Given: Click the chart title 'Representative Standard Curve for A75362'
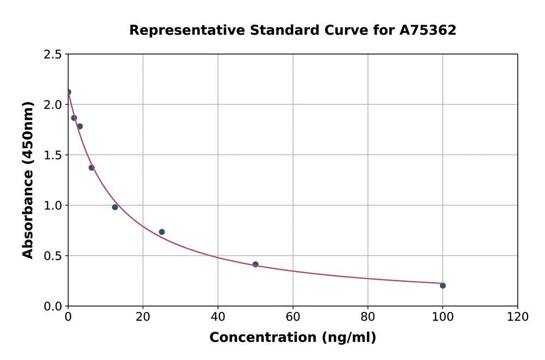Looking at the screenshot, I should [293, 31].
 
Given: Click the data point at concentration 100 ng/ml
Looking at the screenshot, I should [443, 285].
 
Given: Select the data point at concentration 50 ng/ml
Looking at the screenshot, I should [255, 264].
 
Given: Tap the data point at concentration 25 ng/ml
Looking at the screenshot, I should [162, 232].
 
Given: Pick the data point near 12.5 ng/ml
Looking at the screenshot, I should [115, 207].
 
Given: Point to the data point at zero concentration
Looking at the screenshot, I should [68, 92].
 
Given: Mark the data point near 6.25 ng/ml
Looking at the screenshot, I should [92, 167].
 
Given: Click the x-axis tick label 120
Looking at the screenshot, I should [517, 317].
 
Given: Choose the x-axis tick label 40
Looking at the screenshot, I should [218, 317].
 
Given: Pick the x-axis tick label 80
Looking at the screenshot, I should [368, 317].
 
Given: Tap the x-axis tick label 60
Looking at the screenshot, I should [293, 317].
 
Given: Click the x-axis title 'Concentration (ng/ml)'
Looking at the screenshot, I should [293, 338].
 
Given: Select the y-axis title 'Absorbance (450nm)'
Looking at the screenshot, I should [28, 180].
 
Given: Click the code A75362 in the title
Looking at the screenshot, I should [428, 31].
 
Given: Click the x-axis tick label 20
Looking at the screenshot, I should [143, 317].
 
